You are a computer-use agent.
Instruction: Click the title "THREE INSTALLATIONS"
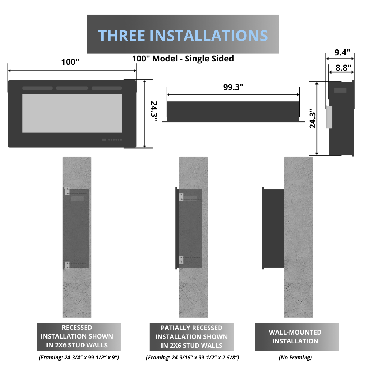pos(183,35)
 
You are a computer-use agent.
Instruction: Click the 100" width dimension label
pos(70,62)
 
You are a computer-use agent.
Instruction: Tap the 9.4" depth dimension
pos(343,52)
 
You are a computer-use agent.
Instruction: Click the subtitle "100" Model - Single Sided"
pos(183,59)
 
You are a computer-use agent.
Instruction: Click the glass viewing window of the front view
pos(72,113)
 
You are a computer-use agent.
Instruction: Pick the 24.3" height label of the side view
pos(312,119)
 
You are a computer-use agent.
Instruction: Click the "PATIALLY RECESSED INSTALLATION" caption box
pos(191,337)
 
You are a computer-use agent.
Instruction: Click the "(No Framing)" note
pos(295,358)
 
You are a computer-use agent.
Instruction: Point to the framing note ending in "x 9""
pos(78,358)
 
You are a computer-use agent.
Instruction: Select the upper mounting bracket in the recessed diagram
pos(67,191)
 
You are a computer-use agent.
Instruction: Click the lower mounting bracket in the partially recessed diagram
pos(181,260)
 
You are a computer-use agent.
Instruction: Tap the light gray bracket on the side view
pos(329,117)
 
